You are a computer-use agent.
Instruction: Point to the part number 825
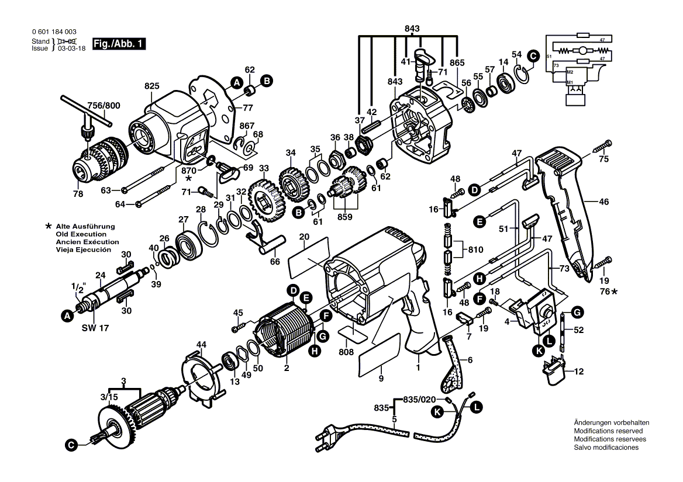[x=152, y=86]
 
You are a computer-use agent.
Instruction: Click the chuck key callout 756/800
[x=103, y=106]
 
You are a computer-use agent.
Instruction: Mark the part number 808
[x=346, y=352]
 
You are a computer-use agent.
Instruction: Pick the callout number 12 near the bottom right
[x=578, y=372]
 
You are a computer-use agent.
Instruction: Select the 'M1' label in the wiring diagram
[x=569, y=82]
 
